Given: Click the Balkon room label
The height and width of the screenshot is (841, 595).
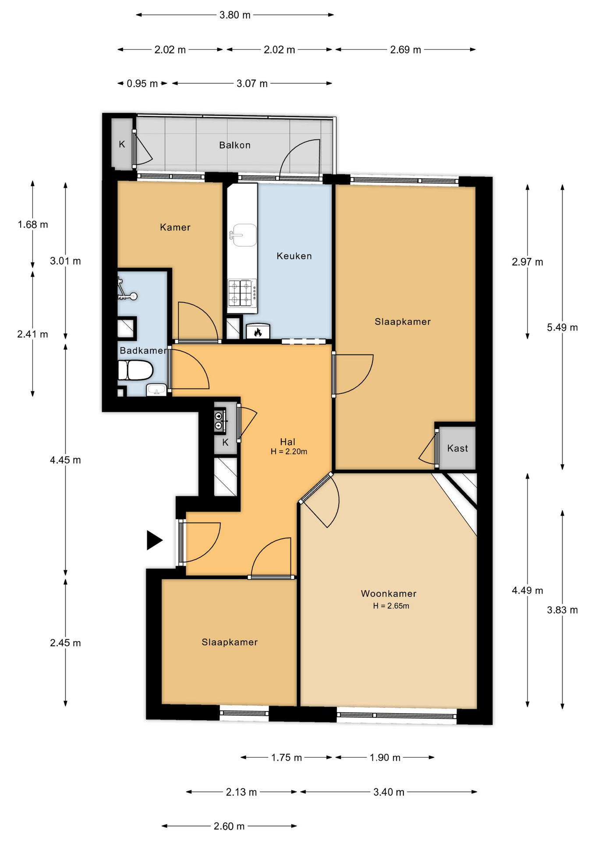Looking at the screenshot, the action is tap(235, 145).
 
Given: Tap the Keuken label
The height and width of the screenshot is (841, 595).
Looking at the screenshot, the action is tap(294, 256).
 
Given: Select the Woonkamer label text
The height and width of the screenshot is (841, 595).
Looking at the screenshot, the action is tap(389, 594).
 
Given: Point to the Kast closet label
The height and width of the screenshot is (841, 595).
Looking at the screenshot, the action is tap(457, 448).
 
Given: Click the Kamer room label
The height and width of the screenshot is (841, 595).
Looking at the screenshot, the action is tap(175, 227).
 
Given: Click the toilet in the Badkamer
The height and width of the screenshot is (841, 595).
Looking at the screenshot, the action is tap(135, 370).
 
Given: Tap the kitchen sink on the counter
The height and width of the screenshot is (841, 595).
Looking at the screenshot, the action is tap(242, 235).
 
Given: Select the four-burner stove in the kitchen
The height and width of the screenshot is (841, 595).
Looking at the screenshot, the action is tap(242, 293).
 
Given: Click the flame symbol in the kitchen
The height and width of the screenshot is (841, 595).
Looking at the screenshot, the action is tap(258, 332).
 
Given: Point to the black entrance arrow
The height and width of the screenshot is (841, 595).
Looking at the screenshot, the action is tap(154, 540).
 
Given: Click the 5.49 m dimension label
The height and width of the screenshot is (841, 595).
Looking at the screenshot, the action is tap(562, 327).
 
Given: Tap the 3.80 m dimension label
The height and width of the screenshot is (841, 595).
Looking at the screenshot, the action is tap(235, 15).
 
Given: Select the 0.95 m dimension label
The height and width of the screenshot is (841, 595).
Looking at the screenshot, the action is tap(142, 83).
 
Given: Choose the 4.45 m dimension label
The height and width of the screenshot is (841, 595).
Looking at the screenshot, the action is tap(65, 460).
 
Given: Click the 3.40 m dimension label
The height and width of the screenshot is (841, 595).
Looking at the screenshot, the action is tap(389, 792).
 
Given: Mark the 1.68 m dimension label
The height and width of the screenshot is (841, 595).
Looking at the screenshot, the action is tap(33, 225).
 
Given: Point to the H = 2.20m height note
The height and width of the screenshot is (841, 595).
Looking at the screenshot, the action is tap(289, 452).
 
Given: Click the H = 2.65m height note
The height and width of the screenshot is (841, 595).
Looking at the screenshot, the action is tap(391, 606).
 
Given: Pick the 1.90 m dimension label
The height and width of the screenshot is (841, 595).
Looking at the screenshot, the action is tap(385, 758).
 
